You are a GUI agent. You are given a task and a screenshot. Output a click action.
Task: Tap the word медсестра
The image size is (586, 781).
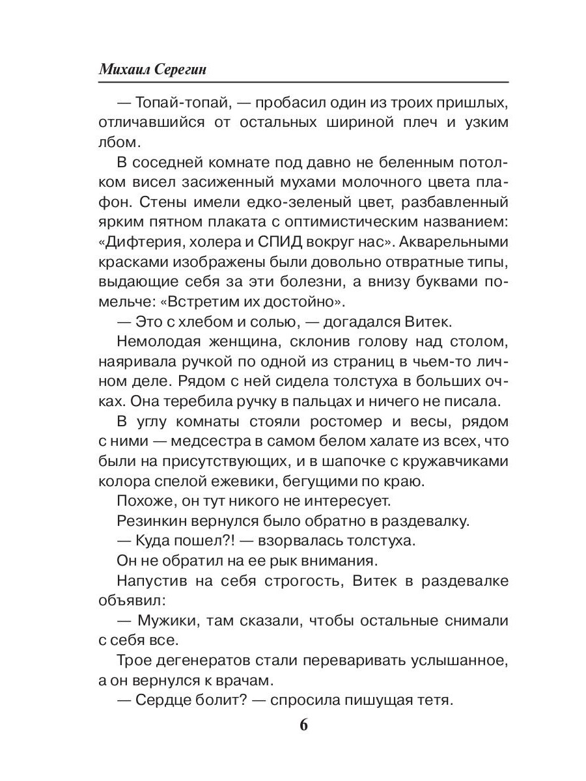pyautogui.click(x=206, y=443)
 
